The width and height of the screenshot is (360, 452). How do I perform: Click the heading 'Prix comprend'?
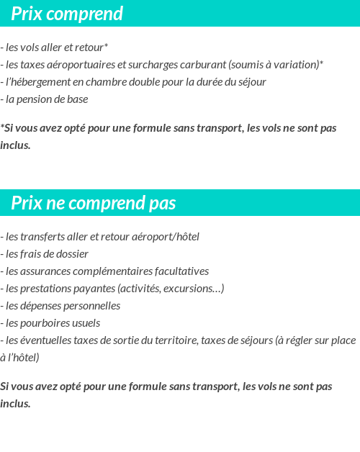[67, 14]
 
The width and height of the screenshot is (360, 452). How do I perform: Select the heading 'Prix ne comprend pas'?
[94, 204]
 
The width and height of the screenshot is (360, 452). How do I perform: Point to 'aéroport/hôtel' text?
[166, 237]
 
